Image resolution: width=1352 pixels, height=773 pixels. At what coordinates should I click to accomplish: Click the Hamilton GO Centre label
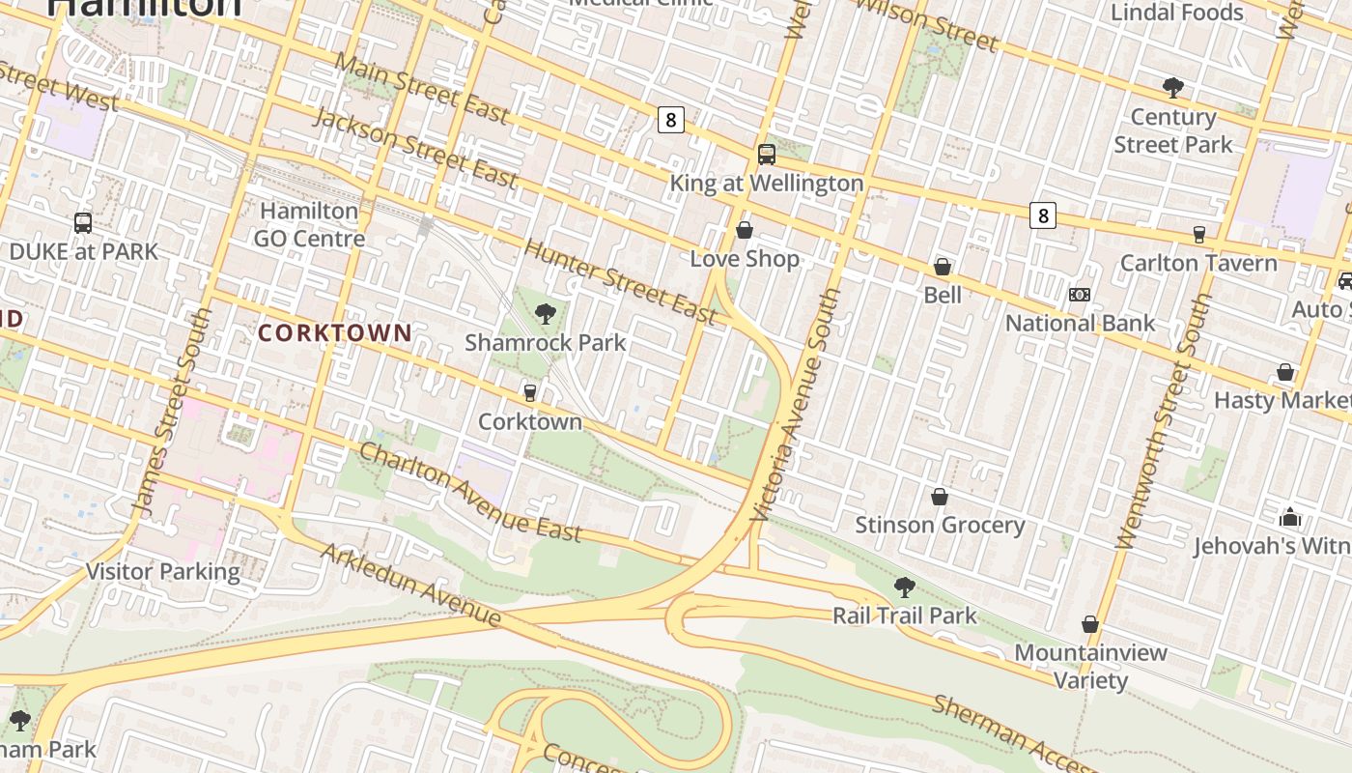(309, 224)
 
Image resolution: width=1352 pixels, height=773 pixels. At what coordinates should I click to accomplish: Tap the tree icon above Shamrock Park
(545, 314)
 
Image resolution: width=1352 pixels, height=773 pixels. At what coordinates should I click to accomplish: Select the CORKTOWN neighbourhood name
(334, 333)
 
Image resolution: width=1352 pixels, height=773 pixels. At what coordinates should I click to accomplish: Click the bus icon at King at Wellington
(766, 155)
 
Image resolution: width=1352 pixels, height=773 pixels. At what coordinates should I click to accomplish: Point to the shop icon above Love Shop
(744, 230)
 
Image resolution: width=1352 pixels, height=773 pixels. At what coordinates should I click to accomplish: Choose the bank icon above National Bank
(1079, 295)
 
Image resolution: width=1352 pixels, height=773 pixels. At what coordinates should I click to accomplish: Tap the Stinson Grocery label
(939, 525)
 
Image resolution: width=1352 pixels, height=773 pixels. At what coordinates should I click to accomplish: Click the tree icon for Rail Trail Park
(904, 587)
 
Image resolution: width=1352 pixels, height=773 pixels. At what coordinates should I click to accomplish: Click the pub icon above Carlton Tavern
(1198, 234)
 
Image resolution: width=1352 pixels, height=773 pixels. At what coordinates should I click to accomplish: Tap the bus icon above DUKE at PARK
(83, 223)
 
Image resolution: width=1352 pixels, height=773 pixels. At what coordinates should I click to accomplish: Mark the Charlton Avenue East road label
(470, 492)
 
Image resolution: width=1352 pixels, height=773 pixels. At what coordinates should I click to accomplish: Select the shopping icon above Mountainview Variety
(1089, 625)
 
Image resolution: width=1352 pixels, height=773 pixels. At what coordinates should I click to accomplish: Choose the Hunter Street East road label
(620, 281)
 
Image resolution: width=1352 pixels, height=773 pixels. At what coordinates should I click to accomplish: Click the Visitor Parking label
(163, 571)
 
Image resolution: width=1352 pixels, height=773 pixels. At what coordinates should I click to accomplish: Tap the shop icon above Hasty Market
(1285, 372)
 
